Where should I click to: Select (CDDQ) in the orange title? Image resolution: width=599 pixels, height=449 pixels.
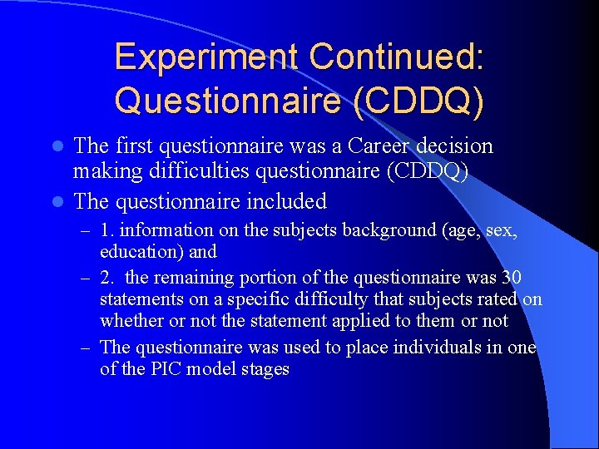(418, 100)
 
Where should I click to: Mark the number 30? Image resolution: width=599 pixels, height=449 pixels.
(512, 276)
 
